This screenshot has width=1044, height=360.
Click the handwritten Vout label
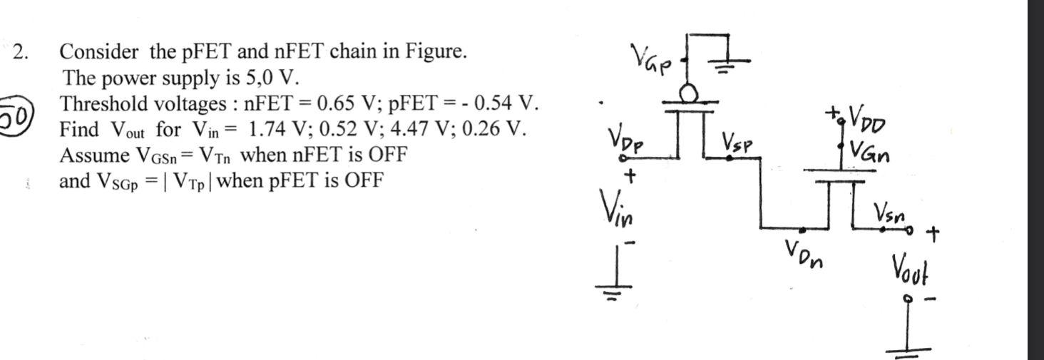(909, 269)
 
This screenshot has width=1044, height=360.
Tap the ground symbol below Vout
(909, 349)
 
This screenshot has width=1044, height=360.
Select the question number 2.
(22, 52)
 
